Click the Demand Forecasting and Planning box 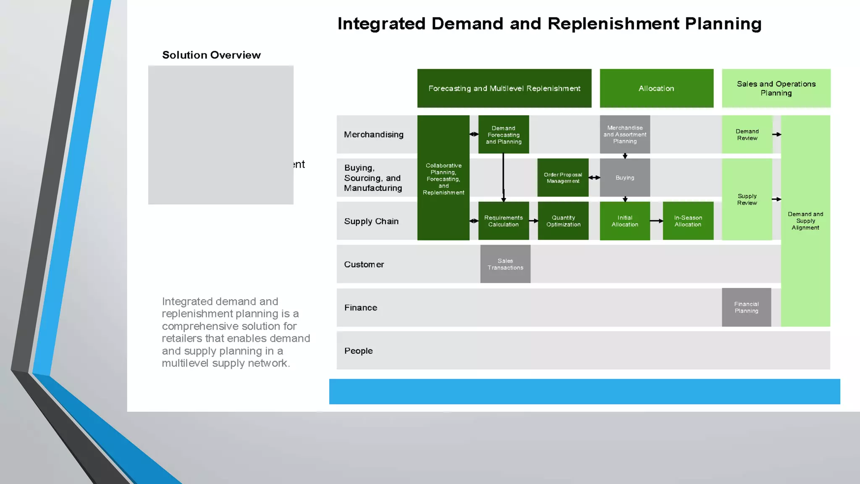(503, 134)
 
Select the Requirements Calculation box (503, 221)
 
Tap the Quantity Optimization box (563, 221)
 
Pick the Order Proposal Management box (563, 178)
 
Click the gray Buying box (625, 178)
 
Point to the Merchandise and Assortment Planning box (625, 134)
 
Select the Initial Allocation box (625, 221)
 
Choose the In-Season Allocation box (688, 221)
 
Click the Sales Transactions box (505, 264)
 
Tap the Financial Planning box (746, 308)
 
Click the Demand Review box (747, 134)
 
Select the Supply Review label (747, 199)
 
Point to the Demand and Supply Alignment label (805, 221)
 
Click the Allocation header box (656, 88)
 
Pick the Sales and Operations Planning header (776, 88)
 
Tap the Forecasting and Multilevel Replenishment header (504, 88)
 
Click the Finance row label (361, 308)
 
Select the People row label (359, 351)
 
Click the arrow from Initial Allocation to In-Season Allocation (656, 221)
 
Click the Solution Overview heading (211, 55)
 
